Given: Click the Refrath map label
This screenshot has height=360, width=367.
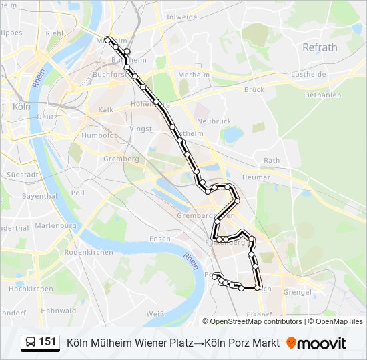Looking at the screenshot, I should (320, 47).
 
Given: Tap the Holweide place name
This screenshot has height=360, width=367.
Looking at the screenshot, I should (181, 17).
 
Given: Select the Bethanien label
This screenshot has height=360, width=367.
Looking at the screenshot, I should (323, 95).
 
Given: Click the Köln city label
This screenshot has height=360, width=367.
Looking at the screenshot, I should (21, 106).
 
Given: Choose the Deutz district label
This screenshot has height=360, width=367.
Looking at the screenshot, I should (47, 117).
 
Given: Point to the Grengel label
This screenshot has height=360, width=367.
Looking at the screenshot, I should (298, 292).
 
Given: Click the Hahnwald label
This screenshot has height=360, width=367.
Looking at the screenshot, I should (59, 311).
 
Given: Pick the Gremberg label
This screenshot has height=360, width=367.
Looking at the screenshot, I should (121, 159).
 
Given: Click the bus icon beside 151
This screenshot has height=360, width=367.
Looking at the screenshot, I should (31, 343).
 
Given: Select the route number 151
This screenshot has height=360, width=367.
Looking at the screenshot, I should (47, 342).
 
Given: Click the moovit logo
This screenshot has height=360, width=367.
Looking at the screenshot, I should (316, 343).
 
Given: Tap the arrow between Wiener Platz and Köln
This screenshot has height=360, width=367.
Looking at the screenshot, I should (199, 343).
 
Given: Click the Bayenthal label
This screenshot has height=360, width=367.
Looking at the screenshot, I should (39, 197).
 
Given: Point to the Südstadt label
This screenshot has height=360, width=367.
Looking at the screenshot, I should (22, 175).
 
